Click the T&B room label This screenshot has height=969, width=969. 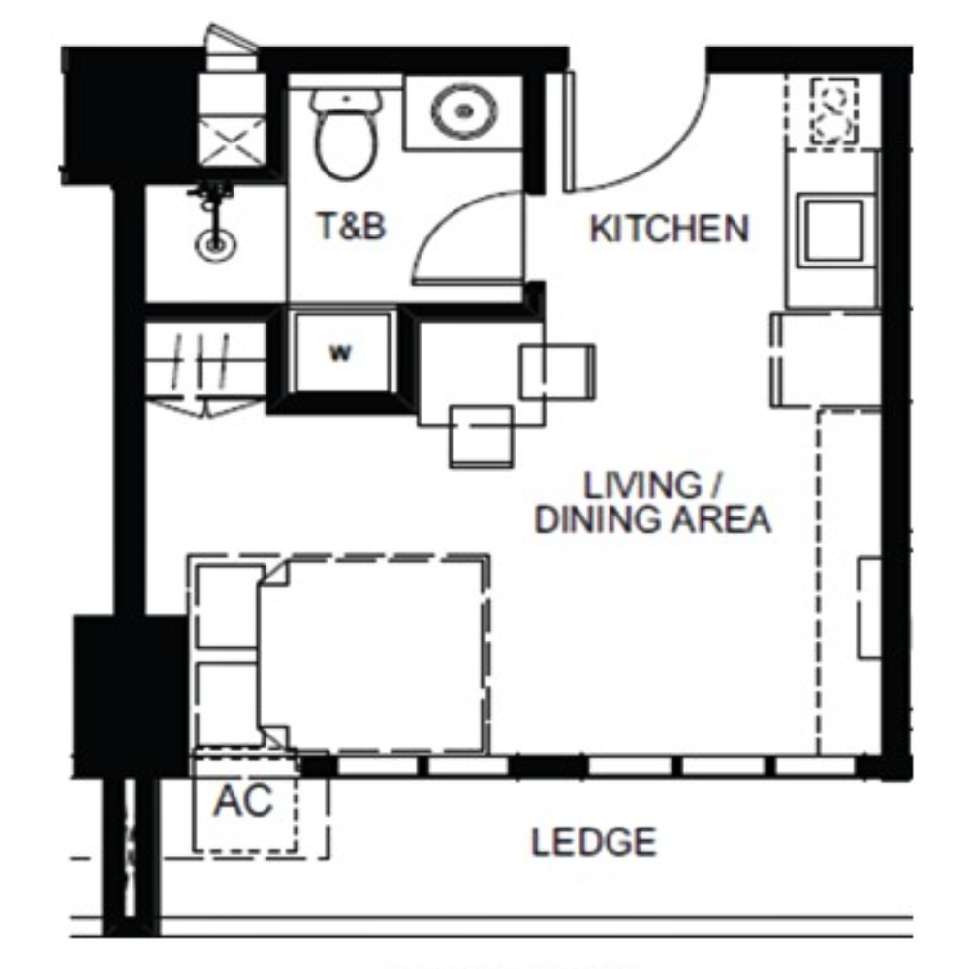coord(351,226)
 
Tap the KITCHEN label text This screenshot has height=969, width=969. coord(670,229)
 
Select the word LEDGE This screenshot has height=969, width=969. coord(594,842)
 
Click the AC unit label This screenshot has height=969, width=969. coord(243,800)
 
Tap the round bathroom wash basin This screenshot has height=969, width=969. coord(463,111)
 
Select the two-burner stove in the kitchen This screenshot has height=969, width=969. coord(833,111)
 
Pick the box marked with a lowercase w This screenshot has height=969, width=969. coord(342,353)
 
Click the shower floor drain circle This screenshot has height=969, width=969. coord(215,245)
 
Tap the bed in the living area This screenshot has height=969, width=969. coord(373,656)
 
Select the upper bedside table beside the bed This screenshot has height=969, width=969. coord(228,606)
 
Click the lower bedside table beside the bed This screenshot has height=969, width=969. coord(228,703)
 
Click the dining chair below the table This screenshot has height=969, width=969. coord(481,436)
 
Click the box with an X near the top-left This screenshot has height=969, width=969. coord(232,143)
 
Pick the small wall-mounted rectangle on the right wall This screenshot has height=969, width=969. coord(869,608)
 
